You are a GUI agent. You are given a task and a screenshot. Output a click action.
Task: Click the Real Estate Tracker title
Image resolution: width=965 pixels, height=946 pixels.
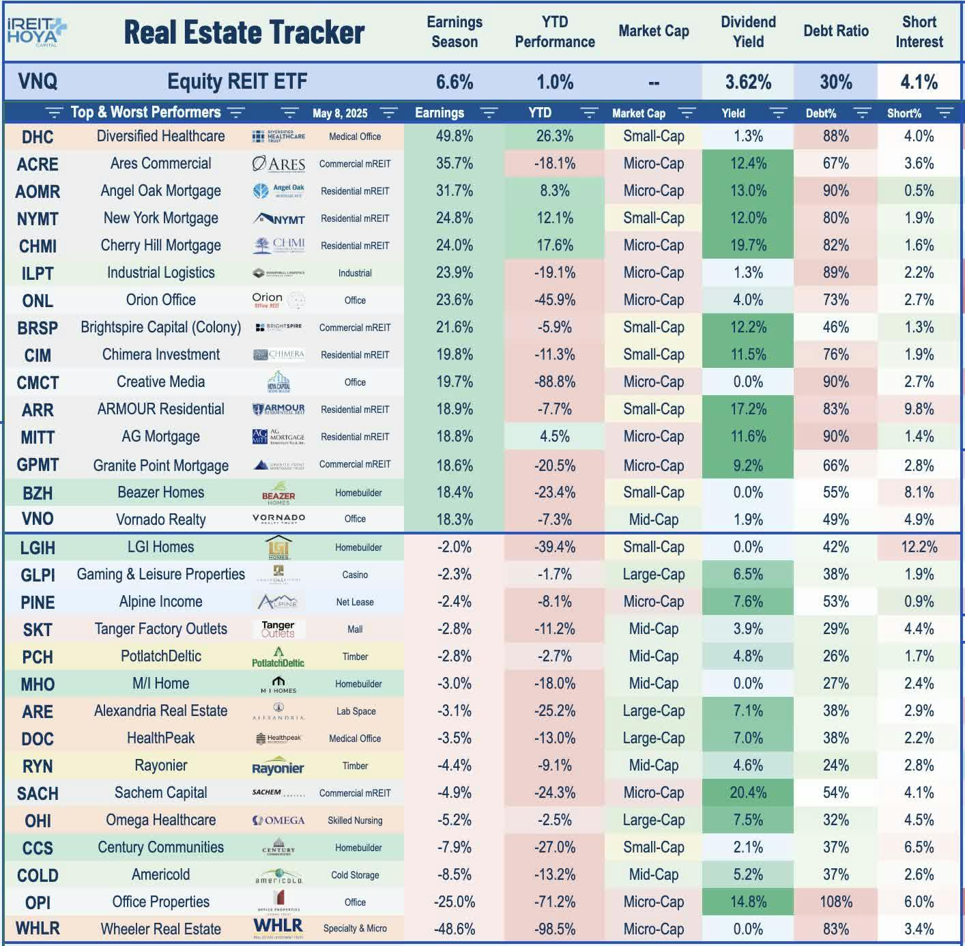244,32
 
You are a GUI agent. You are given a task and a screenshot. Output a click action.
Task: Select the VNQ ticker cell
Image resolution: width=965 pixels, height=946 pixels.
38,82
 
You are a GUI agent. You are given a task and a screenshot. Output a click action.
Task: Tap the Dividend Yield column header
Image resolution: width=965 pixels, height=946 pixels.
748,31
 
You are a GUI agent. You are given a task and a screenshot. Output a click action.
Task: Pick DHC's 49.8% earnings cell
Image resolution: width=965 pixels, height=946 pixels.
454,137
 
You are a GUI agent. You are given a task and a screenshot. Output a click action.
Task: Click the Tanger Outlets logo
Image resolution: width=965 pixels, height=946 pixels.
278,629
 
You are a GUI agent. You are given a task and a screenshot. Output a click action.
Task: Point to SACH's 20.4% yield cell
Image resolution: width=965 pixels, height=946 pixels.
748,792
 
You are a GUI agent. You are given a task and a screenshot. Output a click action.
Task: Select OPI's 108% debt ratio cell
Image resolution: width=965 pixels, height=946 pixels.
835,902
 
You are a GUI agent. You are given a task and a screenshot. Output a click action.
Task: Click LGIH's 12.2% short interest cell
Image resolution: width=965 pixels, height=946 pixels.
919,547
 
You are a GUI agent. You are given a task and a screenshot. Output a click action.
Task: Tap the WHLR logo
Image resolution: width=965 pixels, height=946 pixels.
278,927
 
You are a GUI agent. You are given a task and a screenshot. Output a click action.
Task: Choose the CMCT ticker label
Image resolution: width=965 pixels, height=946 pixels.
38,383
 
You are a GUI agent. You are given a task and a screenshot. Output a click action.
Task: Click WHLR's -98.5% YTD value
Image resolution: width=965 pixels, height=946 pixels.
554,929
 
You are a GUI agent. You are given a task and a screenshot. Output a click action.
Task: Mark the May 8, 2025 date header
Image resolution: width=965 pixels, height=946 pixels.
340,113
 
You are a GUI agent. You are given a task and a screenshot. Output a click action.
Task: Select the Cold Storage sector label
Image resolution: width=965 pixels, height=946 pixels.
355,875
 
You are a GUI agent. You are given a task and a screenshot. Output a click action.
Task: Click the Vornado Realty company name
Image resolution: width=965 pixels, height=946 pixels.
160,519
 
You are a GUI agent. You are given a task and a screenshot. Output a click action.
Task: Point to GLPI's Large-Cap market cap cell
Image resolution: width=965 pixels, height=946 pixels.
653,574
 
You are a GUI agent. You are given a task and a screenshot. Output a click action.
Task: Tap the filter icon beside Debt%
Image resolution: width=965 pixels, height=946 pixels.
862,113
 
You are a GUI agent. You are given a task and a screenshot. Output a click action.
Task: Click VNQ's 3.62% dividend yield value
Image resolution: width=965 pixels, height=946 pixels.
748,83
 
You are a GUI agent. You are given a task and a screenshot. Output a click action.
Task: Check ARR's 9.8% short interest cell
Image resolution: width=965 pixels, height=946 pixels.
919,410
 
